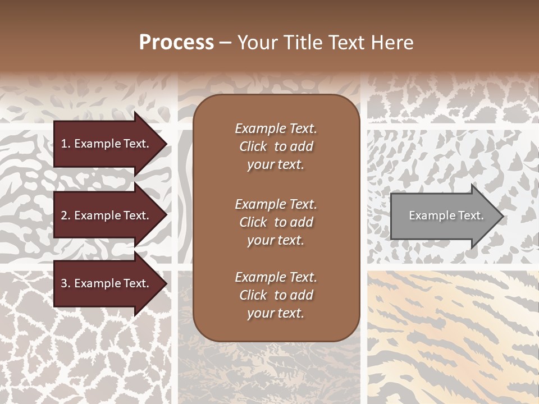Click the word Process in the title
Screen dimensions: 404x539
(x=176, y=43)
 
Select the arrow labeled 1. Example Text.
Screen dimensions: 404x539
(x=107, y=144)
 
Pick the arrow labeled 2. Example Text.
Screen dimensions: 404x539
(x=107, y=215)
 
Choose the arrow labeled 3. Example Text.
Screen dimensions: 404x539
(x=107, y=283)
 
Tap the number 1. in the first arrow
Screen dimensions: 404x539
(x=66, y=144)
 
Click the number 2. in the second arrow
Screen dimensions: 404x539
(x=66, y=215)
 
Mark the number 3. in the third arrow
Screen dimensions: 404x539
(x=66, y=283)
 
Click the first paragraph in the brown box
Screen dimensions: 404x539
(x=276, y=146)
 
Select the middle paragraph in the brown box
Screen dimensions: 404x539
(x=276, y=222)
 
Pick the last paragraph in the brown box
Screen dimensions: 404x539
(x=276, y=295)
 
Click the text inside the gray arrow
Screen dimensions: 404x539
(x=446, y=215)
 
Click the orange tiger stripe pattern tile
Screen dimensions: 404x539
(x=453, y=337)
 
